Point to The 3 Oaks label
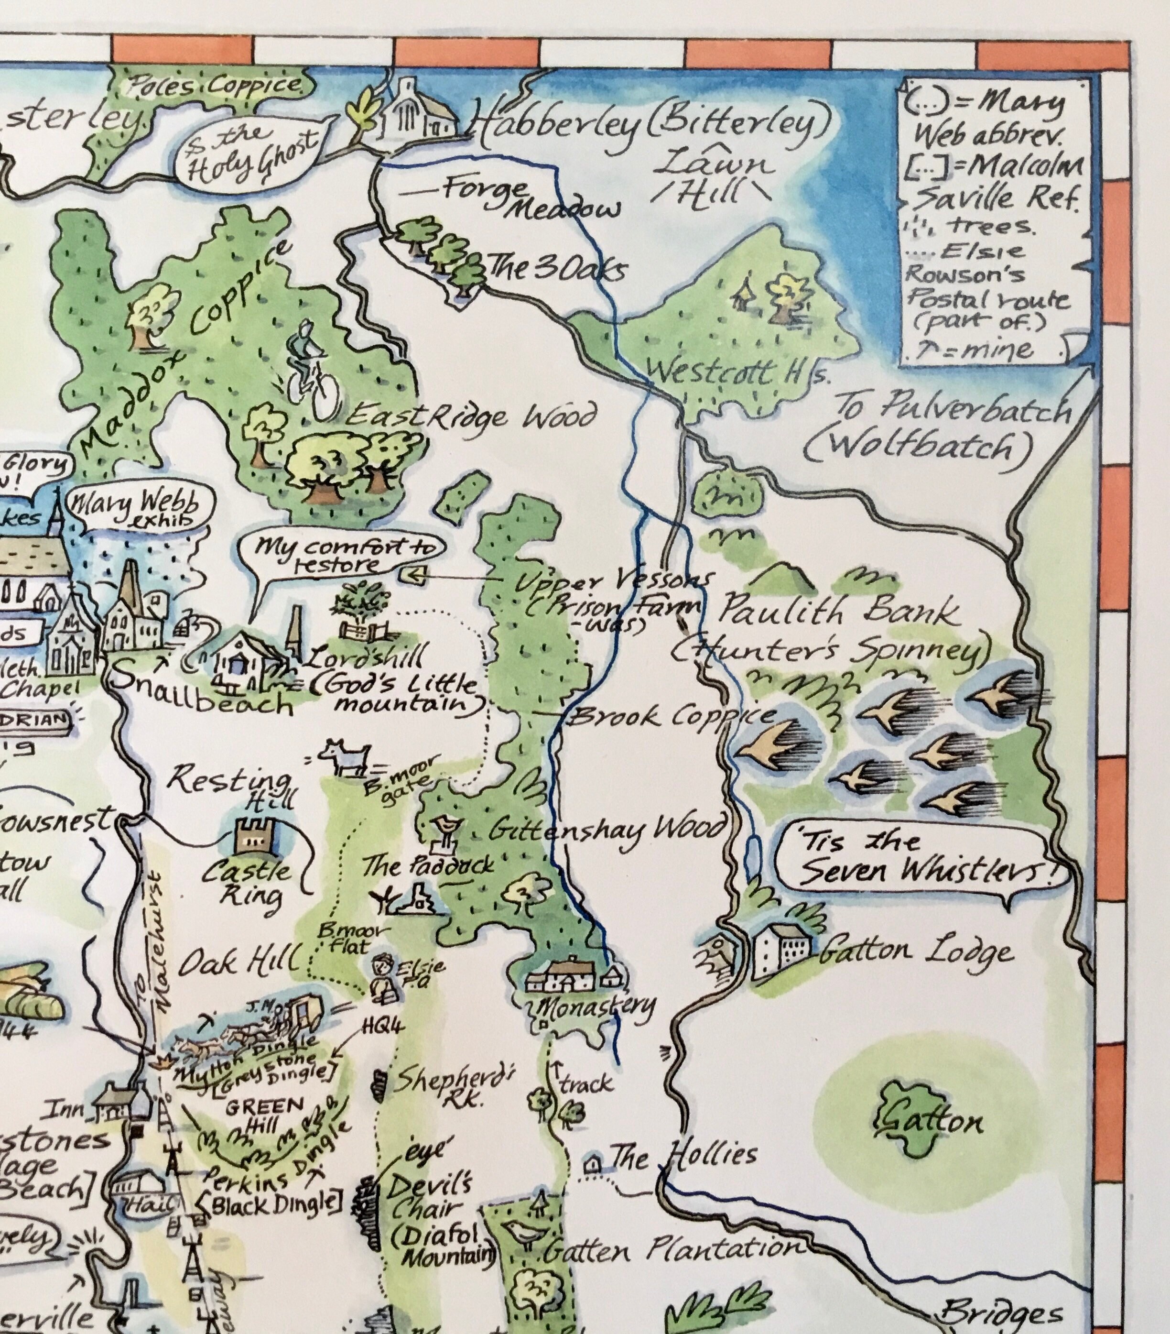555,270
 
